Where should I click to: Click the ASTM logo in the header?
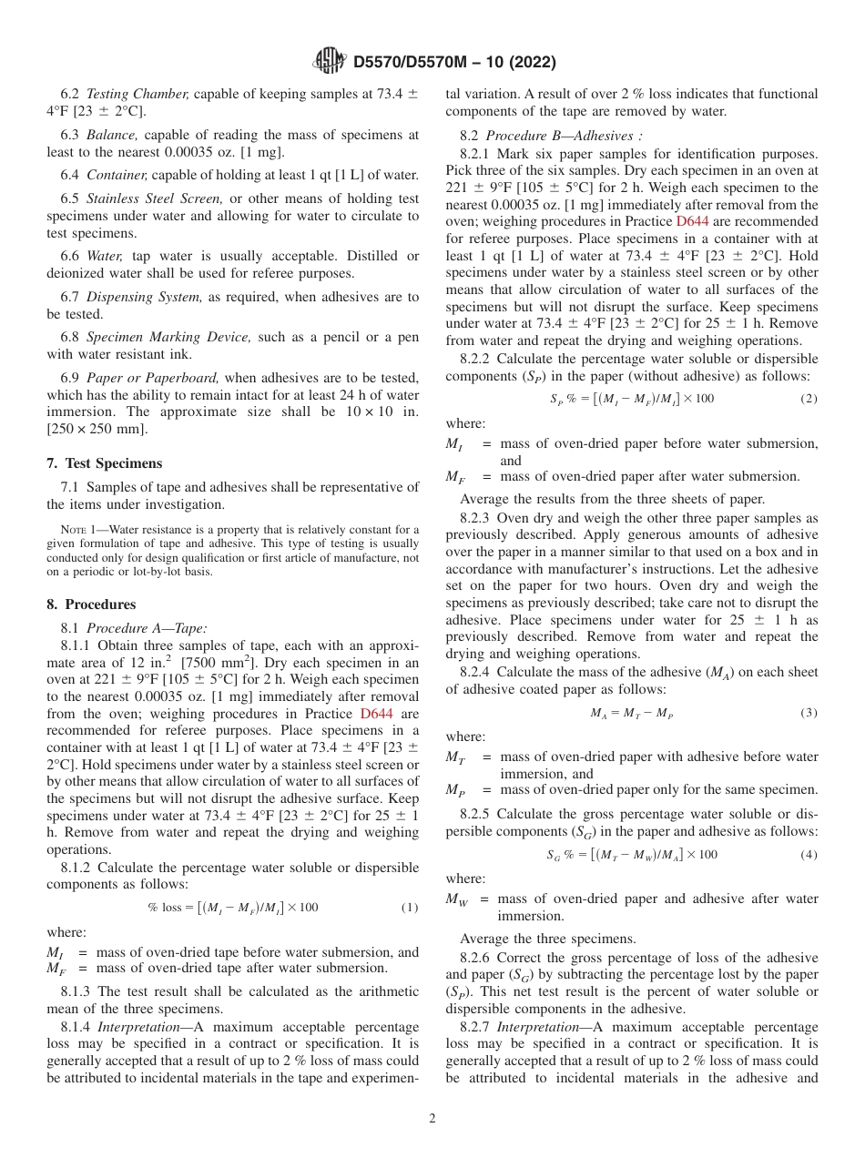tap(329, 62)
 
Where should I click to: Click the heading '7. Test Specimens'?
tap(104, 463)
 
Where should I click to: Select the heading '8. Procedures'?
tap(91, 604)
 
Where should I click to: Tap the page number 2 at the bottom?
tap(432, 1119)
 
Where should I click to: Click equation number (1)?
tap(410, 908)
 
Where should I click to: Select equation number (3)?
tap(809, 713)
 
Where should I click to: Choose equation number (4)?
tap(809, 855)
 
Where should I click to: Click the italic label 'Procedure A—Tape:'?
tap(147, 627)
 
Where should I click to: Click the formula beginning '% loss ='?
tap(233, 908)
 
